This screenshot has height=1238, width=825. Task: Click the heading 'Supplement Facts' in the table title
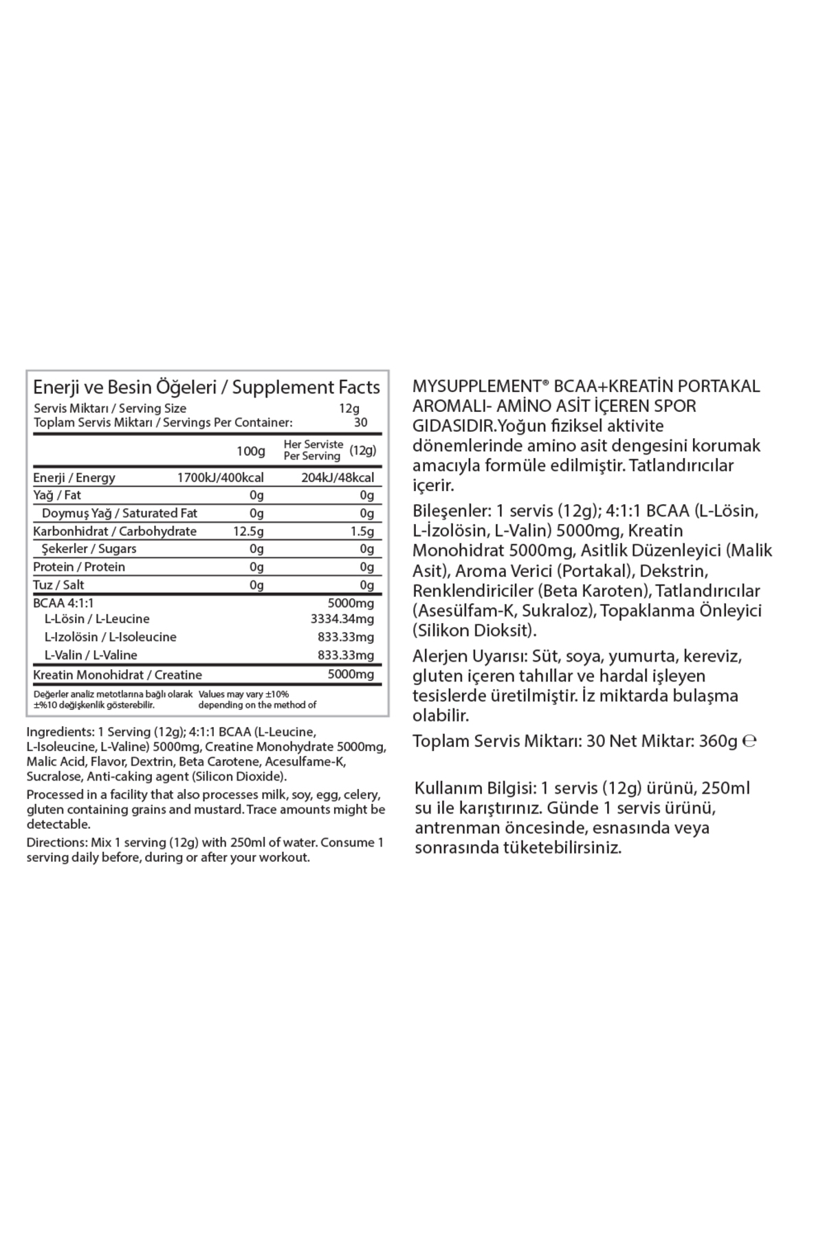coord(306,387)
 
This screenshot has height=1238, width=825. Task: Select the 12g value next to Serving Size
coord(349,409)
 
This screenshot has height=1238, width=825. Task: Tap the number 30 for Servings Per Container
coord(360,423)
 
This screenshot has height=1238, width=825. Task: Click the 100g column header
coord(251,451)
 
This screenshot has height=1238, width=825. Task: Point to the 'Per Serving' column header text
coord(312,456)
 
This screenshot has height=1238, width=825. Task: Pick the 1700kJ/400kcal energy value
coord(220,478)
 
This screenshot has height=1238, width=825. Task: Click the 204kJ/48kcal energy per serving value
coord(338,478)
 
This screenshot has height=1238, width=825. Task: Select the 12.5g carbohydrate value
coord(248,532)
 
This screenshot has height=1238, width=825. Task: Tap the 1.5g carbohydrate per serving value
coord(362,532)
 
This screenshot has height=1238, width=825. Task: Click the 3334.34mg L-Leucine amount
coord(342,619)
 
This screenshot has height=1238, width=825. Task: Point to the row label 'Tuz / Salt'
coord(59,585)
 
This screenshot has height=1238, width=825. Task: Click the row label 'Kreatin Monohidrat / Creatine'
coord(118,675)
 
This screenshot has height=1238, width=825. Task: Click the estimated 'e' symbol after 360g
coord(750,741)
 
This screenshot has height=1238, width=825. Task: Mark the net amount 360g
coord(718,741)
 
